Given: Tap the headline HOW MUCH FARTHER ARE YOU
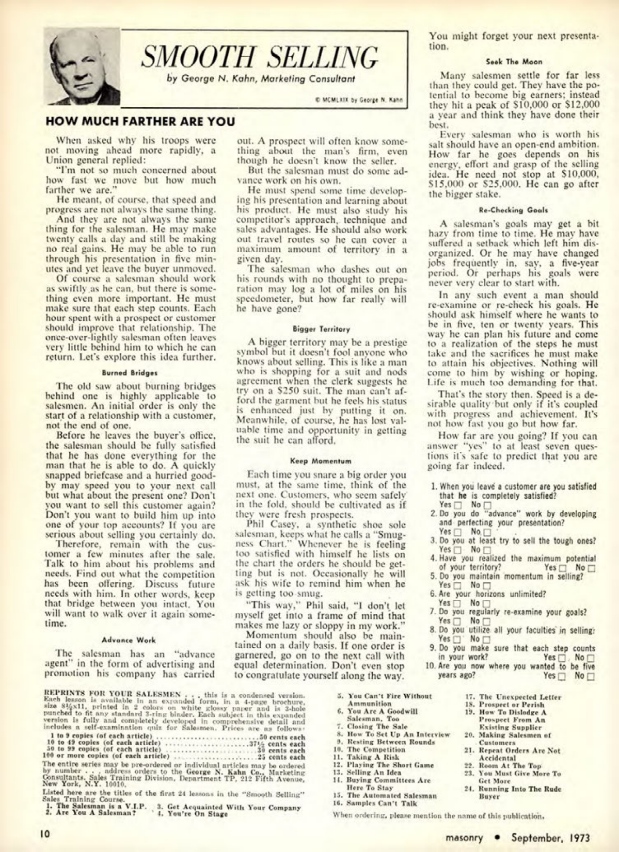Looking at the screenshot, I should [140, 121].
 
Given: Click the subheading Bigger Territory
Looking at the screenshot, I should [321, 329].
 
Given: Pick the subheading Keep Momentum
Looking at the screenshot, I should [320, 461].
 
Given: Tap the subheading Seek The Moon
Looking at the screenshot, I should [514, 62].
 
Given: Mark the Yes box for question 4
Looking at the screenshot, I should [563, 568].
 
